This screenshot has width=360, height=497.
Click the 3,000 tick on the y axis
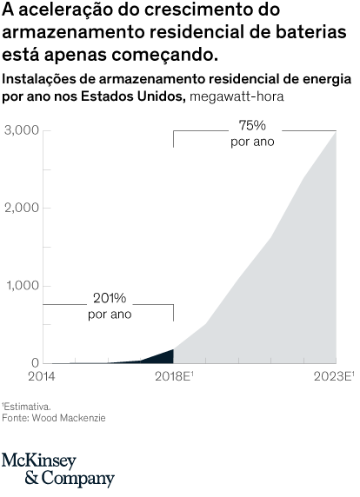(21, 130)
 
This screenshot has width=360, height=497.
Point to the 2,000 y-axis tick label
(21, 208)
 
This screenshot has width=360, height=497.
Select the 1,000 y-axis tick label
(21, 286)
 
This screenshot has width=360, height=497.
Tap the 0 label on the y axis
(34, 362)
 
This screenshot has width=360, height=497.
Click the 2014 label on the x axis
(41, 376)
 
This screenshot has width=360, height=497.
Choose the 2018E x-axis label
(173, 376)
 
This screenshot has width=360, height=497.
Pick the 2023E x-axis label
(334, 376)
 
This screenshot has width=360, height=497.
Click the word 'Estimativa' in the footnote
(28, 406)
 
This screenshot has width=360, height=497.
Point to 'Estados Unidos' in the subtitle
(139, 95)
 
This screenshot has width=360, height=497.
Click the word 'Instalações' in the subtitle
(37, 78)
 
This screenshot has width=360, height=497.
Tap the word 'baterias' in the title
(317, 34)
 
